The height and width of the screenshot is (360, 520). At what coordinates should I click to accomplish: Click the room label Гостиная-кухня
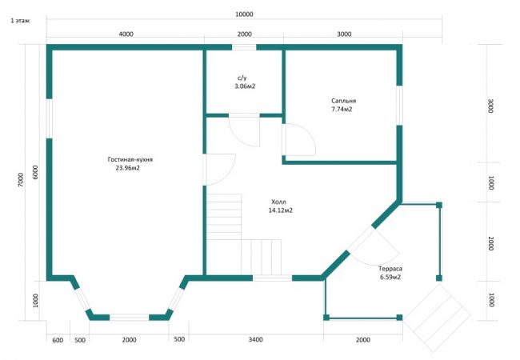(x=130, y=159)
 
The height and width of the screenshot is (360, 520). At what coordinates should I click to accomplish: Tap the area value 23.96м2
(x=128, y=168)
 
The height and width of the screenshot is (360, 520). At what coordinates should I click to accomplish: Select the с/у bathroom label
(x=242, y=78)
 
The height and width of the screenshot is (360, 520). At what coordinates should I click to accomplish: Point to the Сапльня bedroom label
(x=343, y=101)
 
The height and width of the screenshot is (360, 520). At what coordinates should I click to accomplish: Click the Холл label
(x=278, y=202)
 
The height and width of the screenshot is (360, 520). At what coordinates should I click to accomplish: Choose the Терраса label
(x=390, y=269)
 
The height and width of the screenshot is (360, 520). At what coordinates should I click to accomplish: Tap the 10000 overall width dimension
(x=244, y=14)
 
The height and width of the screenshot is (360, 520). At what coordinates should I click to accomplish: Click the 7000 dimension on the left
(x=21, y=180)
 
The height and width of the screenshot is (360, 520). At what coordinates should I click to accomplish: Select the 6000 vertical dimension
(x=35, y=172)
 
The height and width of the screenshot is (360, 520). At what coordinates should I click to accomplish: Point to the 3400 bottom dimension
(x=256, y=339)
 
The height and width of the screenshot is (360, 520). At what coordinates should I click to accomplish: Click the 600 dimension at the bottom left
(x=58, y=341)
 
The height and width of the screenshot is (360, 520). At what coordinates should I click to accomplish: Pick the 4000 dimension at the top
(x=126, y=34)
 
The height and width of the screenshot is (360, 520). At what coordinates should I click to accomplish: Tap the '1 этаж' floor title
(x=20, y=21)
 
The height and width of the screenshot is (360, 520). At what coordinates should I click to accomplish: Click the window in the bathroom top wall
(x=244, y=47)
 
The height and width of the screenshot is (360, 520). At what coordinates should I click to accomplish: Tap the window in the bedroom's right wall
(x=400, y=106)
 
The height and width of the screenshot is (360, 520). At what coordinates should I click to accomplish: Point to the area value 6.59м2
(x=390, y=277)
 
